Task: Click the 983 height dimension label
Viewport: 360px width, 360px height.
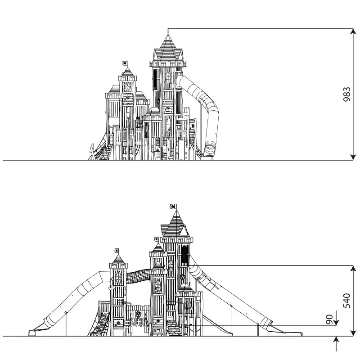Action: [x=346, y=94]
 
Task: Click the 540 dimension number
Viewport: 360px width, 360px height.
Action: [x=346, y=301]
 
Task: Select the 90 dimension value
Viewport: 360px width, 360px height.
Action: [x=329, y=319]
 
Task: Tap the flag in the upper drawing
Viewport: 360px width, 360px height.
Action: [x=125, y=63]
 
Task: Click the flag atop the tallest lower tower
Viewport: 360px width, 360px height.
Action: [x=173, y=207]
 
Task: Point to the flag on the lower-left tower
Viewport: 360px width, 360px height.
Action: [x=117, y=251]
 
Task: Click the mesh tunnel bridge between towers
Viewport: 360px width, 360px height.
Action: [x=138, y=276]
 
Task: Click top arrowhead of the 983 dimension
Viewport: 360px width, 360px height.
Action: [x=353, y=31]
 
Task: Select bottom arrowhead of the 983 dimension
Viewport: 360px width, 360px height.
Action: [x=353, y=157]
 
